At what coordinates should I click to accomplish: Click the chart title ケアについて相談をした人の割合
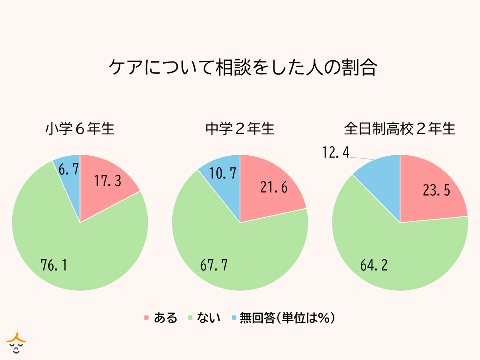(243, 68)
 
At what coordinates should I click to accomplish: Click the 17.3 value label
(108, 181)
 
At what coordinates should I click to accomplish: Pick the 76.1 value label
(54, 265)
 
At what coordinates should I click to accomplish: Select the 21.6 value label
(274, 188)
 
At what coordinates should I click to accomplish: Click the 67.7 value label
(214, 265)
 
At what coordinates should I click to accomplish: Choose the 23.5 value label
(437, 190)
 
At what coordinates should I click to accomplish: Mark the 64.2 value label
(374, 265)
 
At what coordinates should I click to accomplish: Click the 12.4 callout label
(336, 152)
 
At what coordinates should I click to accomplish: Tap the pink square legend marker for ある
(146, 318)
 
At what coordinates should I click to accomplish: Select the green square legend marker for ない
(192, 318)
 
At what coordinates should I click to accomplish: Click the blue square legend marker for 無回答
(234, 318)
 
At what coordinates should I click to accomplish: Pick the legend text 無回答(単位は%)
(287, 318)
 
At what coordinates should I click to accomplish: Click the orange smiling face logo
(16, 342)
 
